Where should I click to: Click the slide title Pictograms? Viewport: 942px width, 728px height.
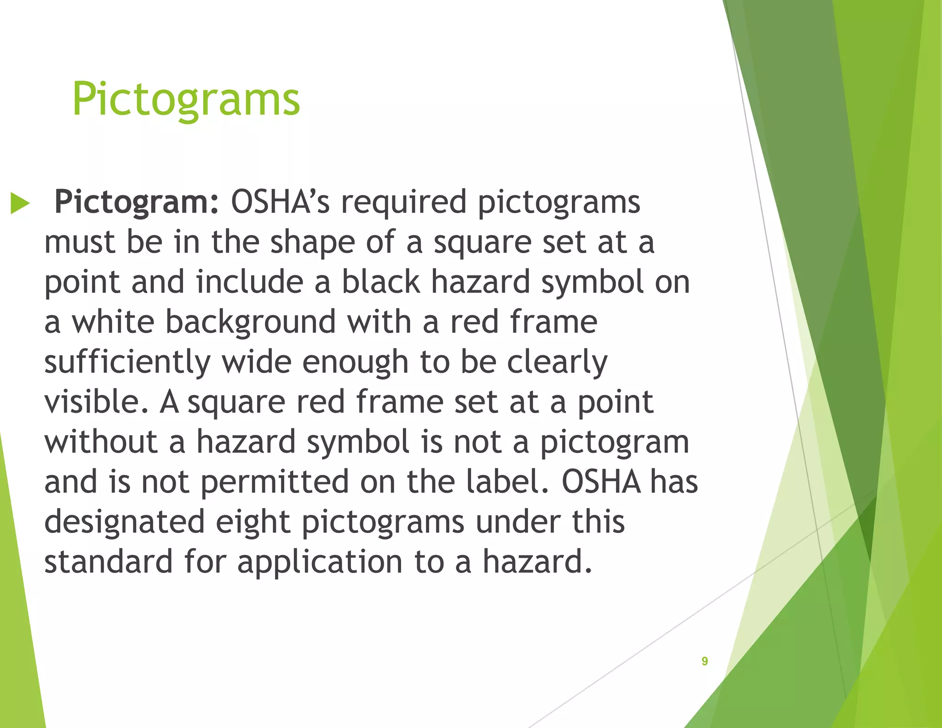coord(186,99)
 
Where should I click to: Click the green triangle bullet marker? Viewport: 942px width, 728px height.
coord(20,203)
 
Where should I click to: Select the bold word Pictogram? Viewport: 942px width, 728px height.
coord(137,202)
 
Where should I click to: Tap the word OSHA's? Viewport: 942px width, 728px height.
coord(280,202)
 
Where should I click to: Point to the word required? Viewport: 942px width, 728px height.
coord(403,202)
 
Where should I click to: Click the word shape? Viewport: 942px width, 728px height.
coord(312,243)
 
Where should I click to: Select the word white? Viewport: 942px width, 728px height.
coord(113,322)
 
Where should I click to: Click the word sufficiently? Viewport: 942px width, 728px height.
coord(127,362)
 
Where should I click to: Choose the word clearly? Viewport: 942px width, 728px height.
coord(557,362)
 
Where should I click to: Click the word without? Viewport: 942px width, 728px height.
coord(101,442)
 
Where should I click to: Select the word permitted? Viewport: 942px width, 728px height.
coord(275,482)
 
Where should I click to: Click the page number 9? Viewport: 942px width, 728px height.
coord(705,661)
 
